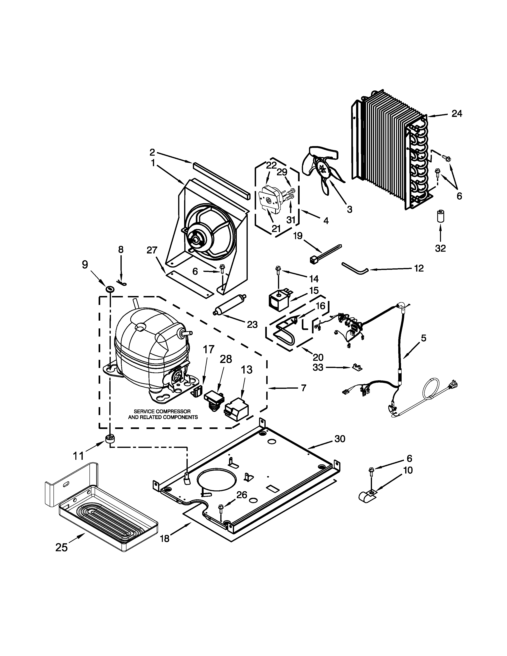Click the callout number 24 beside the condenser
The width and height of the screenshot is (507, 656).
(x=457, y=114)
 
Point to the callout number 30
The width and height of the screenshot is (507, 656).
(x=340, y=439)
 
